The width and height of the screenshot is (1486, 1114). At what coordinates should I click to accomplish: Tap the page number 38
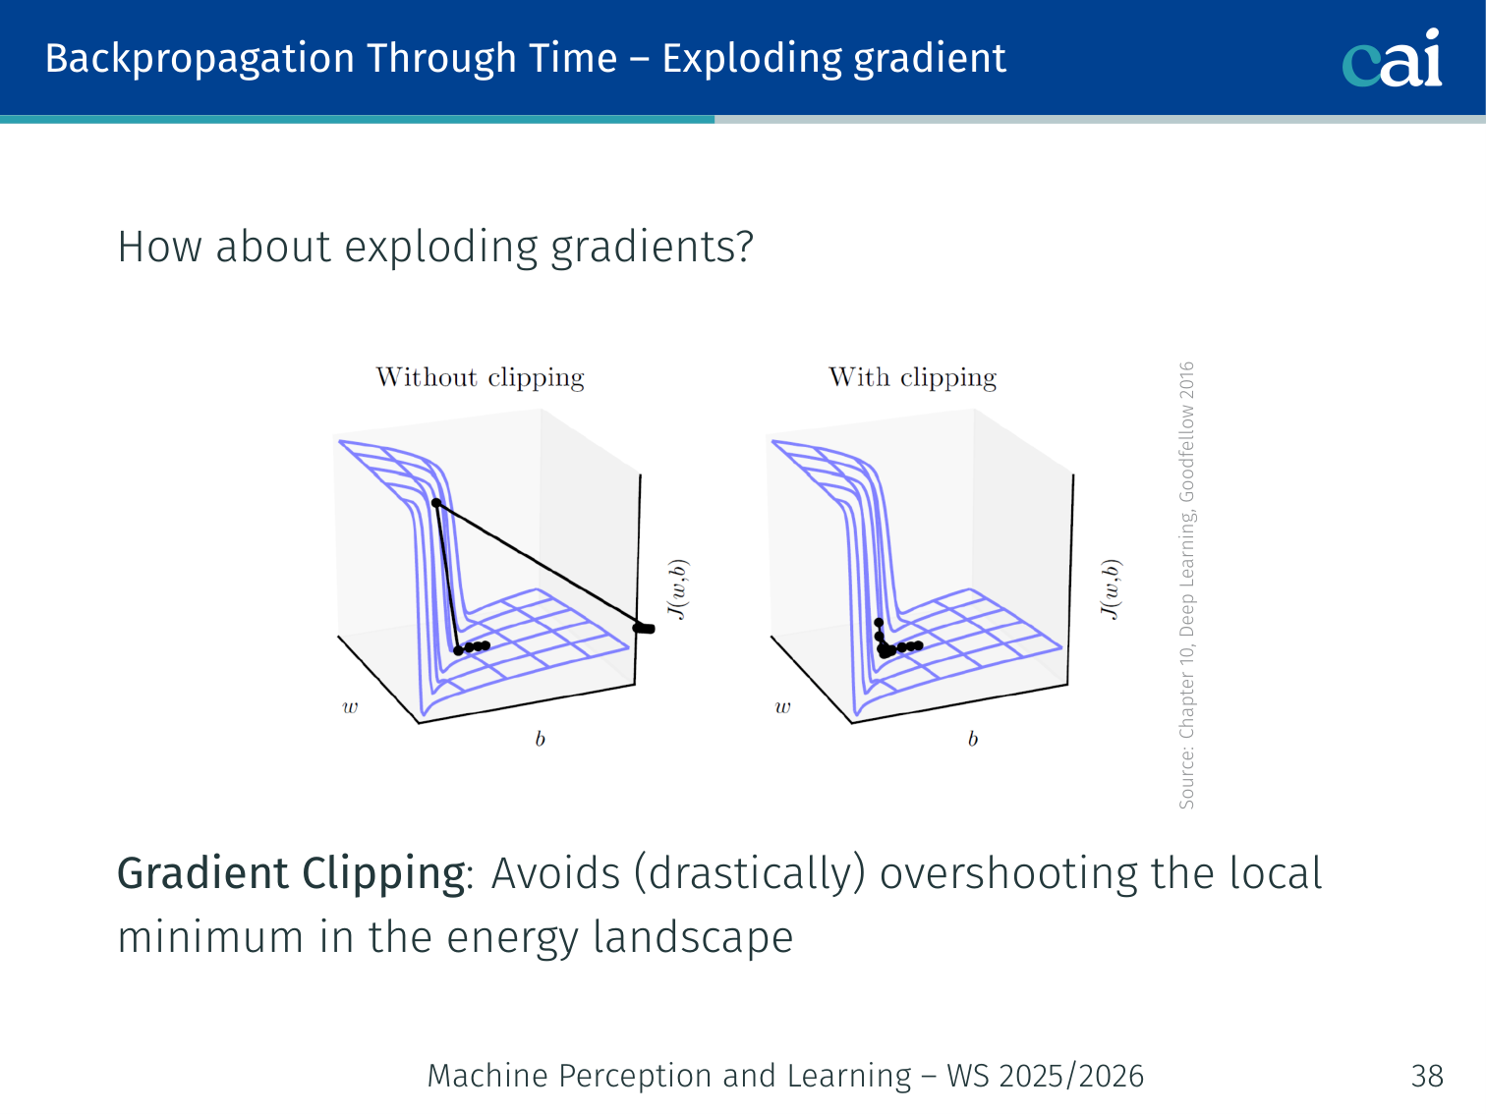[x=1427, y=1076]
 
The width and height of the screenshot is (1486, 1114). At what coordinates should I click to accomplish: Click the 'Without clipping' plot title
[x=480, y=377]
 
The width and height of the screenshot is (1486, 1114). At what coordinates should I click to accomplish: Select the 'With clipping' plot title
[x=913, y=377]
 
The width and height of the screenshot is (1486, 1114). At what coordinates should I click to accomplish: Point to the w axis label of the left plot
[x=350, y=708]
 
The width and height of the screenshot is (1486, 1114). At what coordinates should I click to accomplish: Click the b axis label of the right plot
[x=973, y=739]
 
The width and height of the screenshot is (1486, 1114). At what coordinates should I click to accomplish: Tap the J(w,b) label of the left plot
[x=678, y=589]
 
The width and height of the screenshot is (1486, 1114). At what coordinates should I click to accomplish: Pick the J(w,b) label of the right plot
[x=1112, y=589]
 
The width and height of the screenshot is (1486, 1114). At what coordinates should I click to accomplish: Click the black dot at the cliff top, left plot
[x=436, y=503]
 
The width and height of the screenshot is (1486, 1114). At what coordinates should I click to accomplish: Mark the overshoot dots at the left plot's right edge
[x=643, y=629]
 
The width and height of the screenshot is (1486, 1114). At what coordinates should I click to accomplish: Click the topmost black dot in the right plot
[x=879, y=622]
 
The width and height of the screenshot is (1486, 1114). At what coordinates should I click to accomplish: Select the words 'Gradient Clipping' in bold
[x=291, y=873]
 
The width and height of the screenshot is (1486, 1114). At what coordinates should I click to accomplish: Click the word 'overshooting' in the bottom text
[x=1008, y=874]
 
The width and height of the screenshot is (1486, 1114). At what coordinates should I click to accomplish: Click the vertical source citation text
[x=1187, y=585]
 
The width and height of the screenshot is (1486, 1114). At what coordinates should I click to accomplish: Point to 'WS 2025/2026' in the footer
[x=1046, y=1076]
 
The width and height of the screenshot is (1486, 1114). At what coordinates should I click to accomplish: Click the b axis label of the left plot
[x=540, y=739]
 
